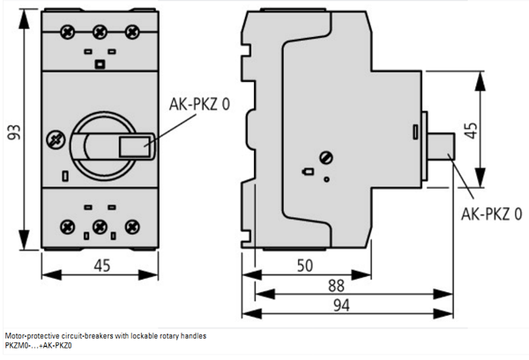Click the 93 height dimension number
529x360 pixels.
(x=14, y=132)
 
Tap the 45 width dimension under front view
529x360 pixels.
(x=102, y=266)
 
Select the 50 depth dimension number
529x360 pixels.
(x=305, y=266)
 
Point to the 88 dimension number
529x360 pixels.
(x=336, y=286)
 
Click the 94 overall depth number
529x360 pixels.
(x=341, y=305)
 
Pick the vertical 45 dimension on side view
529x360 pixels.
(x=471, y=131)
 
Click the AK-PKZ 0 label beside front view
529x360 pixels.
(x=199, y=104)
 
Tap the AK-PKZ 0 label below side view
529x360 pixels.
(x=492, y=214)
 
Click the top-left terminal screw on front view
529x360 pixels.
(x=68, y=33)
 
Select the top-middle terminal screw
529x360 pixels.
(x=100, y=33)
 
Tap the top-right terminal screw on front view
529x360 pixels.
(x=132, y=33)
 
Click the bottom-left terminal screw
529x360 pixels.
(x=68, y=227)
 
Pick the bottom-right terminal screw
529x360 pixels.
(x=132, y=227)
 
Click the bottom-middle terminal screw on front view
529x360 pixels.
(x=100, y=227)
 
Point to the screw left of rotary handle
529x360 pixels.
(x=56, y=139)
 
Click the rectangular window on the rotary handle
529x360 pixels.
(x=134, y=146)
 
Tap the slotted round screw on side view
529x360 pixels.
(x=326, y=158)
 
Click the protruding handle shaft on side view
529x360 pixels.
(x=441, y=146)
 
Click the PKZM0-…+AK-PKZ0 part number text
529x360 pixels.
(x=38, y=346)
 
